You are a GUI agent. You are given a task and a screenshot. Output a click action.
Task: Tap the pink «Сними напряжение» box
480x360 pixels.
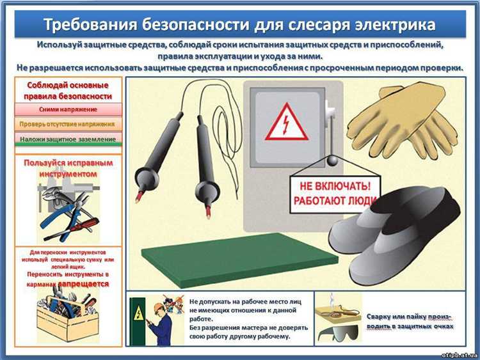[x=67, y=109]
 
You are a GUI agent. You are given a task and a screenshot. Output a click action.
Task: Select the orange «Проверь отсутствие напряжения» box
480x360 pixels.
[x=67, y=124]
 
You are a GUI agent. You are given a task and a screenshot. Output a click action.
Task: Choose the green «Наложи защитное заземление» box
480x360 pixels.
[x=67, y=139]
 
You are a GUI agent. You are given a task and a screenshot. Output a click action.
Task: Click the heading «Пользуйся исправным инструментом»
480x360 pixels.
[x=68, y=168]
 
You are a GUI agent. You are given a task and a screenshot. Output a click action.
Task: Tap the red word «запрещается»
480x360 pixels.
[x=83, y=283]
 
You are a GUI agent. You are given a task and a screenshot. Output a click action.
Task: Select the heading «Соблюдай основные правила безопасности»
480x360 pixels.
[x=68, y=91]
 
